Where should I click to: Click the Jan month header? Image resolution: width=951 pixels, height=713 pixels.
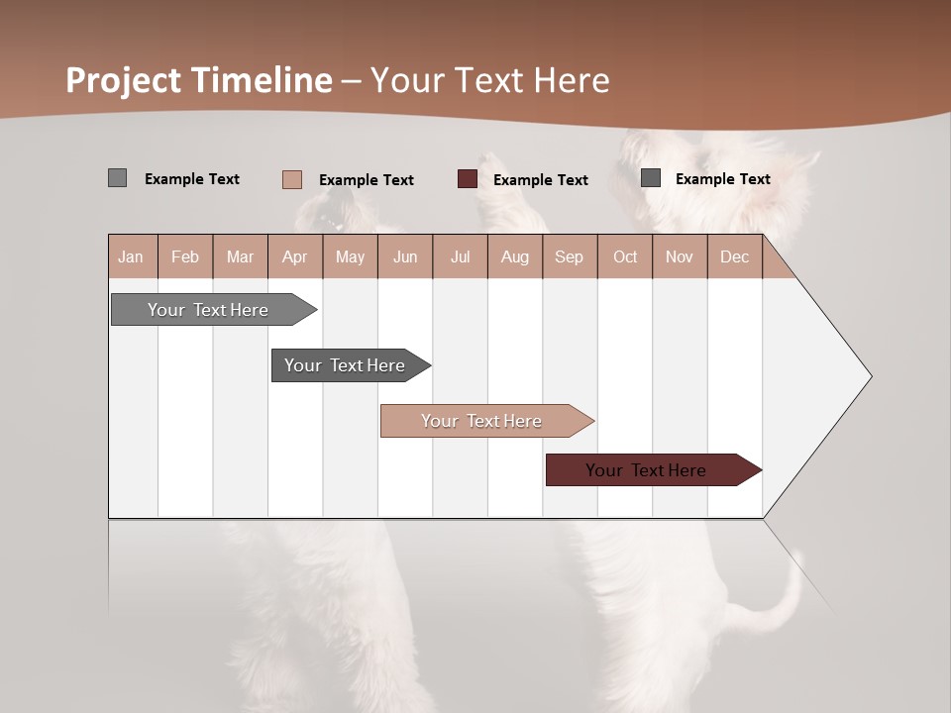tap(132, 256)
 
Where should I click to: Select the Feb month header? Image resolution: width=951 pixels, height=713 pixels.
tap(185, 256)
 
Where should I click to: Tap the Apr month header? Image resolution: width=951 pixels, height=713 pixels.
tap(295, 256)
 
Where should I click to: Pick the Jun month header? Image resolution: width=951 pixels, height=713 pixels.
tap(405, 256)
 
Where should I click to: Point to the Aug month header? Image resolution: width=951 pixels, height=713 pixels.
tap(515, 256)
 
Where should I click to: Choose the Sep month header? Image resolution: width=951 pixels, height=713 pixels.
tap(570, 256)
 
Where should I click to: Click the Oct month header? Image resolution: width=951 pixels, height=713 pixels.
tap(625, 256)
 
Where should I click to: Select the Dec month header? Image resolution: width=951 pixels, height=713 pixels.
tap(735, 256)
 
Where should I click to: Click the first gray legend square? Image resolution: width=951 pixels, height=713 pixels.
tap(117, 178)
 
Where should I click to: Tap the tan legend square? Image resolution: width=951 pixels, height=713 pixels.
tap(291, 179)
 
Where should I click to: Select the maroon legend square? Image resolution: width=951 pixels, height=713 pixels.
tap(468, 179)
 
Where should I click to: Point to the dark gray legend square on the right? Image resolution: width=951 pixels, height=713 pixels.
tap(651, 178)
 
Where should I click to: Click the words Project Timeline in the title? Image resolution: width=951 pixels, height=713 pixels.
tap(199, 79)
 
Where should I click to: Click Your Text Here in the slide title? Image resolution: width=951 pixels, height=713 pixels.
tap(490, 79)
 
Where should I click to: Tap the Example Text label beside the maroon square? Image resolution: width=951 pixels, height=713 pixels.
tap(541, 180)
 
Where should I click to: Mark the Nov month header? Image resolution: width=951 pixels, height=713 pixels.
tap(680, 256)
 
